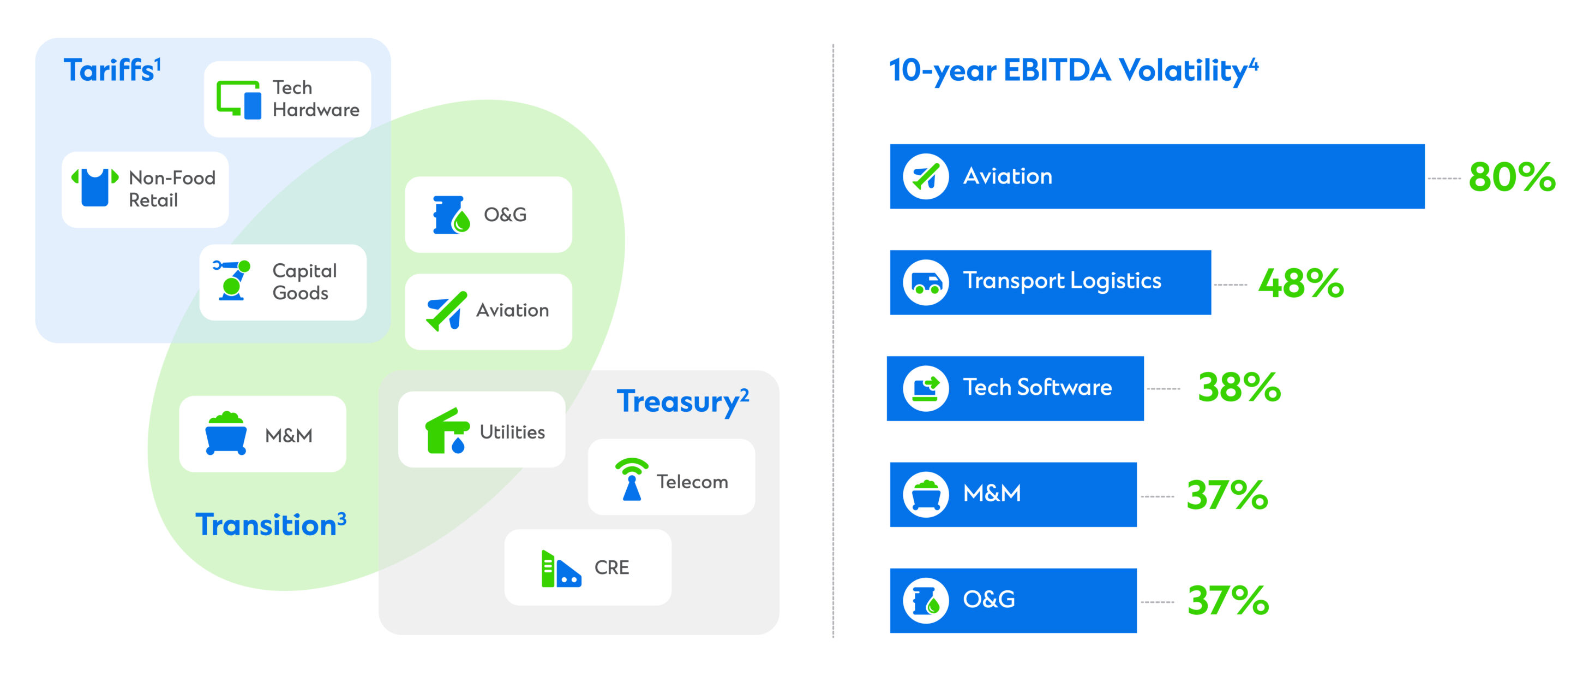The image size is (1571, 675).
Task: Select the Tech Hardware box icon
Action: [239, 99]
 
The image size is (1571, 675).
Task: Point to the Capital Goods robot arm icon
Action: [231, 280]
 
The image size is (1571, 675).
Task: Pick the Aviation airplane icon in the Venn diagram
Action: [446, 311]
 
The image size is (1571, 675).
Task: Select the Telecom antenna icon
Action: [632, 479]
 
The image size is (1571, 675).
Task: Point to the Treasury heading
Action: [682, 401]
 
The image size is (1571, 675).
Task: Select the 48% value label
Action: [1301, 283]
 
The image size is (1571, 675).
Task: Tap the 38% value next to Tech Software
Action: [1239, 388]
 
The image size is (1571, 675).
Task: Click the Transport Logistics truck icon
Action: [926, 282]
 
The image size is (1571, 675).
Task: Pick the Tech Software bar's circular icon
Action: [926, 388]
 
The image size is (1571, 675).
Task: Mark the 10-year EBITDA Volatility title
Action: [1074, 70]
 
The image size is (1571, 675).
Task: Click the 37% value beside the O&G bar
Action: [1228, 601]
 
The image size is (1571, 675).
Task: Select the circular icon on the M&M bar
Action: [926, 494]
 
